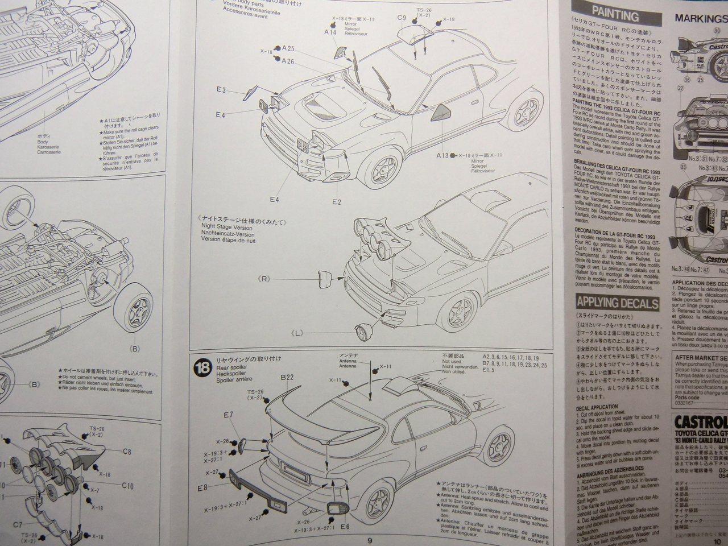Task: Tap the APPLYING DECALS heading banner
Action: [x=617, y=303]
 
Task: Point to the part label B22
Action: [x=287, y=377]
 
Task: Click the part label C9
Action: [x=402, y=18]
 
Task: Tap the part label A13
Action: [x=442, y=155]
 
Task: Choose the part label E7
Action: [x=228, y=415]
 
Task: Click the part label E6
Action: [x=345, y=526]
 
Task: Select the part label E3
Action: [x=221, y=90]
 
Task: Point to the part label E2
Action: [x=336, y=202]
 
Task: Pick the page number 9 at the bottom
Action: [x=369, y=540]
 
